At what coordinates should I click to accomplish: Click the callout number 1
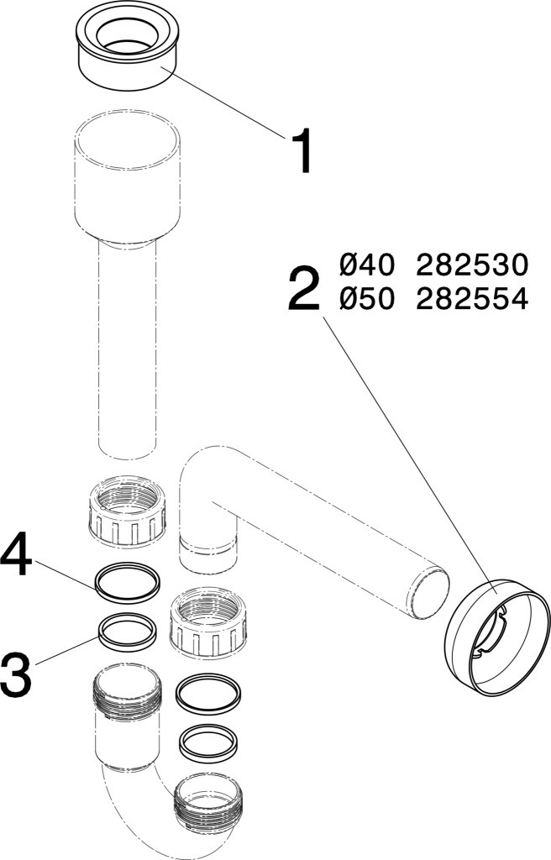(301, 152)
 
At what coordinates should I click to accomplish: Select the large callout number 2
(303, 289)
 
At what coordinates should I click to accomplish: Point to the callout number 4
(16, 556)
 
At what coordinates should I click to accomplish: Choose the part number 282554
(472, 299)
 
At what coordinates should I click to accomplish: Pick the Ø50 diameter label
(366, 299)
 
